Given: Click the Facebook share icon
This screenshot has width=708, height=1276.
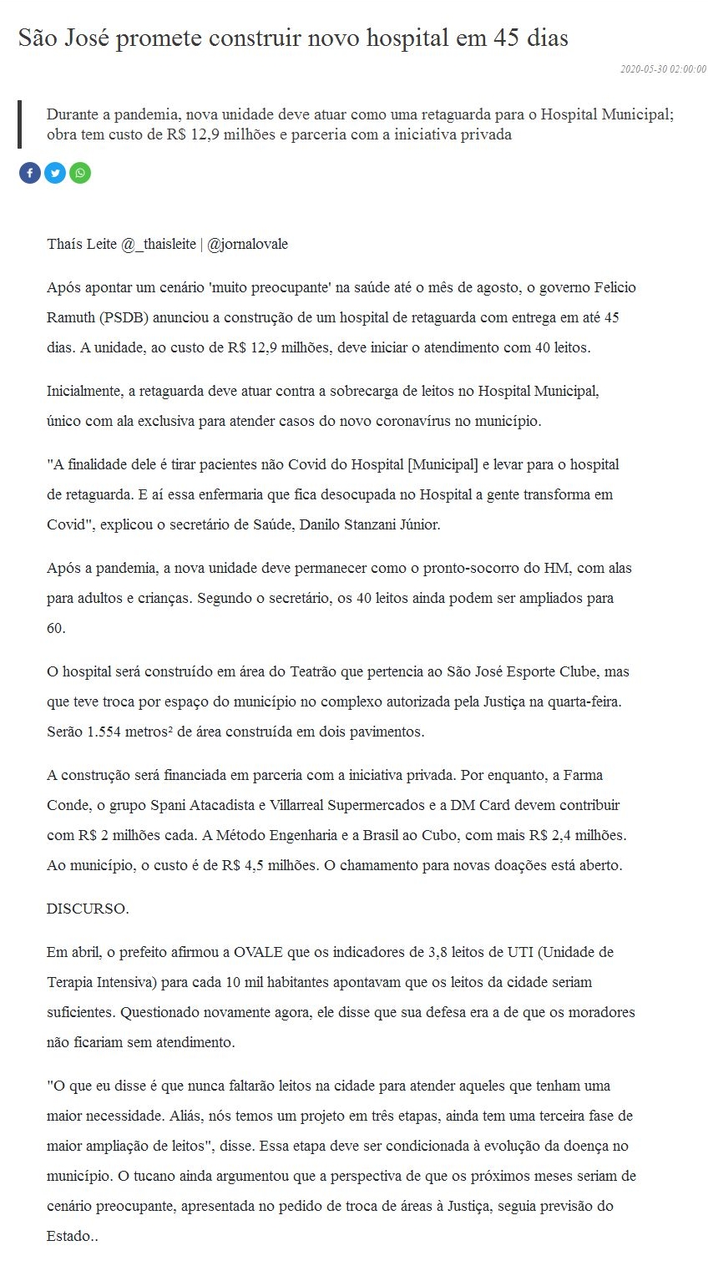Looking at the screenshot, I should coord(30,173).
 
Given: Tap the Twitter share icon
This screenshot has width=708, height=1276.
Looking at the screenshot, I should coord(55,173).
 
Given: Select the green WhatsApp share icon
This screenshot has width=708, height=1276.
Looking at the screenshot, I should coord(80,173).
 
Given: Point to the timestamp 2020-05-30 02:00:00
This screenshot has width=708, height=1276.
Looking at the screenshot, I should coord(663,70).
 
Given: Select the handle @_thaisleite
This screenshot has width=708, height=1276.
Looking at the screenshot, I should coord(159,245).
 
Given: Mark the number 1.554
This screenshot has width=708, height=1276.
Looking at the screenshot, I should coord(103,732).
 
